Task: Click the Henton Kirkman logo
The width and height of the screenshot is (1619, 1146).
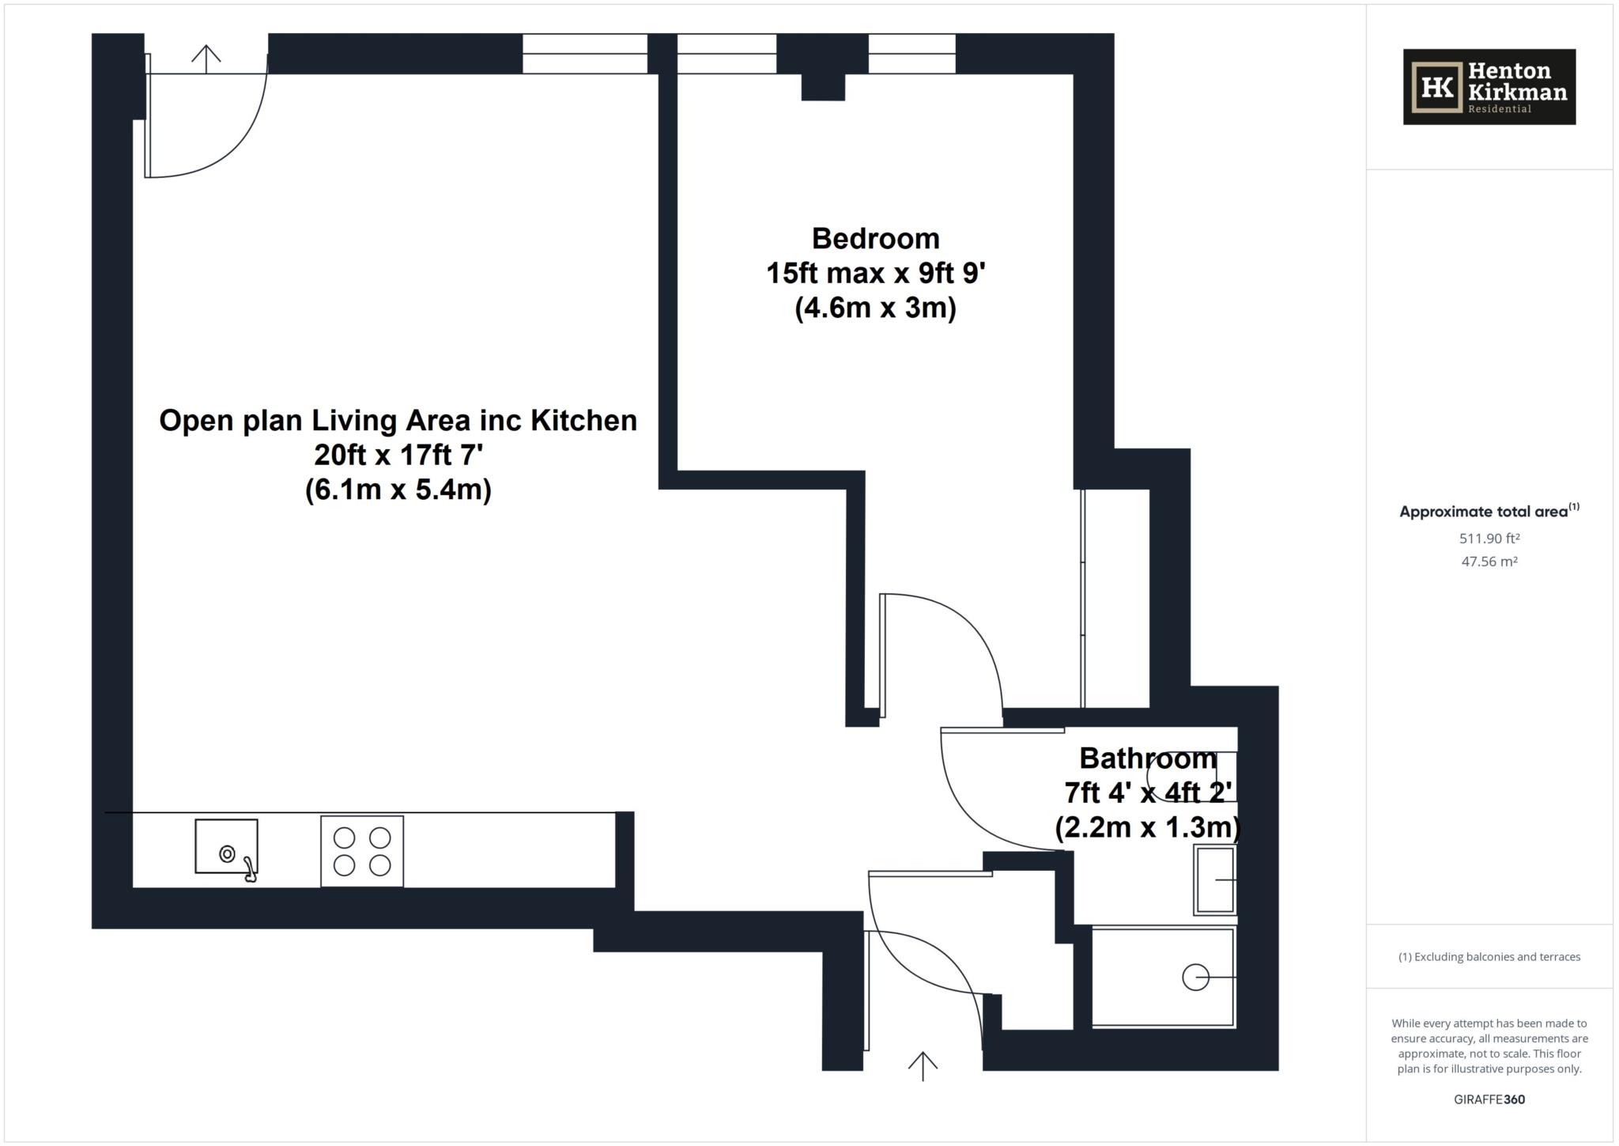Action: pyautogui.click(x=1489, y=87)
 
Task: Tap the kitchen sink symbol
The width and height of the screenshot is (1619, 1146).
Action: pyautogui.click(x=226, y=846)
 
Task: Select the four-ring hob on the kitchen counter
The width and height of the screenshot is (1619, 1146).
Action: pyautogui.click(x=362, y=851)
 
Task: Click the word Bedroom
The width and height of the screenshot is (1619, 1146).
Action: pyautogui.click(x=875, y=238)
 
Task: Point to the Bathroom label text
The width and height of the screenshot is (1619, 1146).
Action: pyautogui.click(x=1148, y=758)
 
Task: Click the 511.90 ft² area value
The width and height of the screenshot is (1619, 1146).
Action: pyautogui.click(x=1489, y=539)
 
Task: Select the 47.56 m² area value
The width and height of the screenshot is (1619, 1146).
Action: pyautogui.click(x=1489, y=562)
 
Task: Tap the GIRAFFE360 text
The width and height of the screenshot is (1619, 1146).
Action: pyautogui.click(x=1489, y=1099)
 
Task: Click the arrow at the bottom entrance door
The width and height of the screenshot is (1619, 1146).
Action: pyautogui.click(x=923, y=1065)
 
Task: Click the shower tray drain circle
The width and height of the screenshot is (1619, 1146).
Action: pyautogui.click(x=1194, y=978)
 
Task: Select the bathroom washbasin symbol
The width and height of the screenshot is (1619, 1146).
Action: pyautogui.click(x=1216, y=879)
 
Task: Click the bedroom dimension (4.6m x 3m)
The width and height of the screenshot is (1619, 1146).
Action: pyautogui.click(x=875, y=308)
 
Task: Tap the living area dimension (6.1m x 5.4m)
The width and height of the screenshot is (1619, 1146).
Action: pyautogui.click(x=398, y=490)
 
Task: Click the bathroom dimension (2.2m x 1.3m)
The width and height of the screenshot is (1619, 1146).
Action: pyautogui.click(x=1148, y=827)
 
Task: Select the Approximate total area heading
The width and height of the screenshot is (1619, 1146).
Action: pyautogui.click(x=1485, y=512)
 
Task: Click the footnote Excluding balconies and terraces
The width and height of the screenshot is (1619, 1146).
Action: pyautogui.click(x=1489, y=957)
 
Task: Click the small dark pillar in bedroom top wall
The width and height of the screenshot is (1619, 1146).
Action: pyautogui.click(x=823, y=87)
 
